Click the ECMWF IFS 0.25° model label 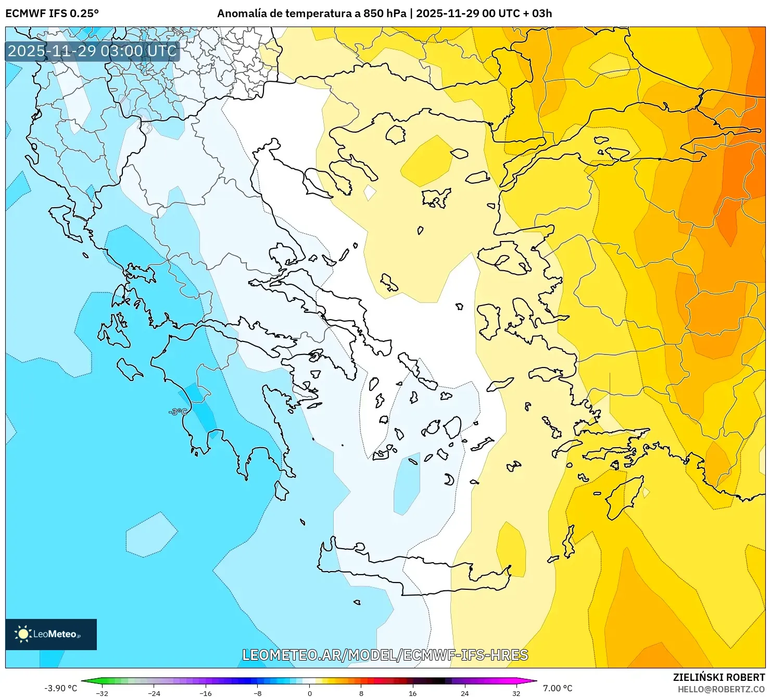tap(52, 14)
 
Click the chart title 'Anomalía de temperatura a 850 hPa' tap(311, 14)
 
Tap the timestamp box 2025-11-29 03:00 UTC tap(92, 51)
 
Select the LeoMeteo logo tap(51, 634)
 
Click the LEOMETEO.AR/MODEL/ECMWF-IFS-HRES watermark tap(385, 655)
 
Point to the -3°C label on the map tap(178, 412)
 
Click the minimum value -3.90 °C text tap(60, 688)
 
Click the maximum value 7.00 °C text tap(558, 688)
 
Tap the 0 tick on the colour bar tap(310, 693)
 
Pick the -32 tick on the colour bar tap(102, 693)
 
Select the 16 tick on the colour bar tap(413, 693)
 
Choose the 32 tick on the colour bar tap(516, 693)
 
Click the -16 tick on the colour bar tap(206, 693)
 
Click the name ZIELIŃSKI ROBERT tap(718, 677)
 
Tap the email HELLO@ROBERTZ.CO tap(721, 689)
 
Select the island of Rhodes tap(622, 497)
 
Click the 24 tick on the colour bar tap(464, 693)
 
